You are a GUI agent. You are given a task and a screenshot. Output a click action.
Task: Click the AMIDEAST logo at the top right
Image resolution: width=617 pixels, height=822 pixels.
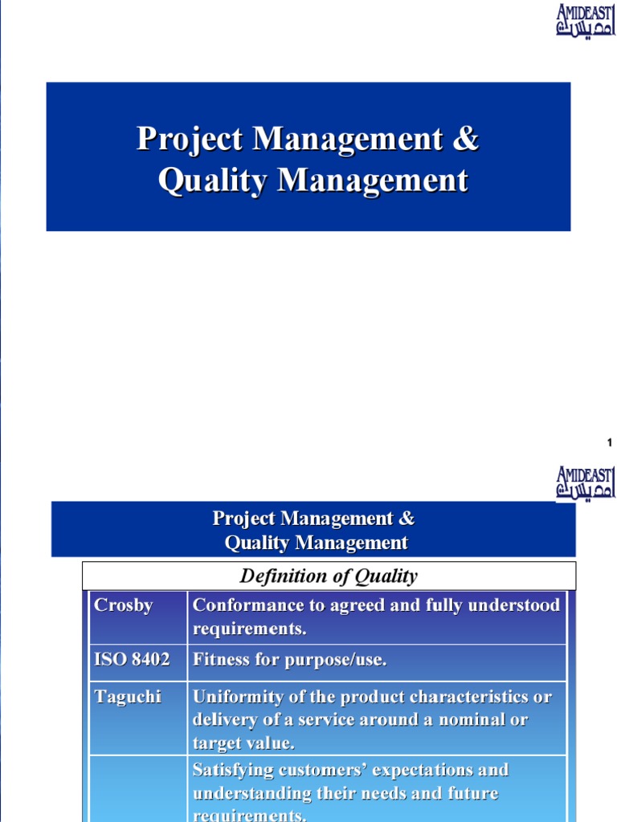[586, 20]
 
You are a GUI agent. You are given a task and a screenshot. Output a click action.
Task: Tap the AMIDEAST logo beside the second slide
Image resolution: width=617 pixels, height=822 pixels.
[586, 484]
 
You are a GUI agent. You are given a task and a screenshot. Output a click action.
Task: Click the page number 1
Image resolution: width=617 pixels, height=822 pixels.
[610, 443]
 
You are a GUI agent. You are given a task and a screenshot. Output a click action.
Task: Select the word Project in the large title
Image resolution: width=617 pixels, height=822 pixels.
[190, 139]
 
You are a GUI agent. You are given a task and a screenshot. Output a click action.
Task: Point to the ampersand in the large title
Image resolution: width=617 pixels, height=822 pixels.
[465, 139]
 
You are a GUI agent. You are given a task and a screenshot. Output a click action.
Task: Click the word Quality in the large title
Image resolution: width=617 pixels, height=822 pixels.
[213, 181]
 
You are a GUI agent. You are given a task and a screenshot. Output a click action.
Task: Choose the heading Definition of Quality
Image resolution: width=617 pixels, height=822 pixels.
[329, 576]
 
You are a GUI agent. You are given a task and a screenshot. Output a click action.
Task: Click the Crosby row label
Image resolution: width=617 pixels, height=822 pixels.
[123, 605]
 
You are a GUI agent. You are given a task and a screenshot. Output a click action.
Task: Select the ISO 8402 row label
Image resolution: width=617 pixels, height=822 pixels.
[132, 660]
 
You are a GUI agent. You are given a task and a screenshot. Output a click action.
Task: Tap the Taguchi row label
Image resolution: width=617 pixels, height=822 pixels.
[128, 696]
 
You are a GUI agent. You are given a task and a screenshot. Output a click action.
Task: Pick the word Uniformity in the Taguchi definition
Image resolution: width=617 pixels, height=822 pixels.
[239, 696]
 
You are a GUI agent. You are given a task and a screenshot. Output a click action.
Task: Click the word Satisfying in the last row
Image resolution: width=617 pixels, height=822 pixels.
[232, 770]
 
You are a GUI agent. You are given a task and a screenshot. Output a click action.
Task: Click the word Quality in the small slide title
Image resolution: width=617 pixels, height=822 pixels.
[257, 543]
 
